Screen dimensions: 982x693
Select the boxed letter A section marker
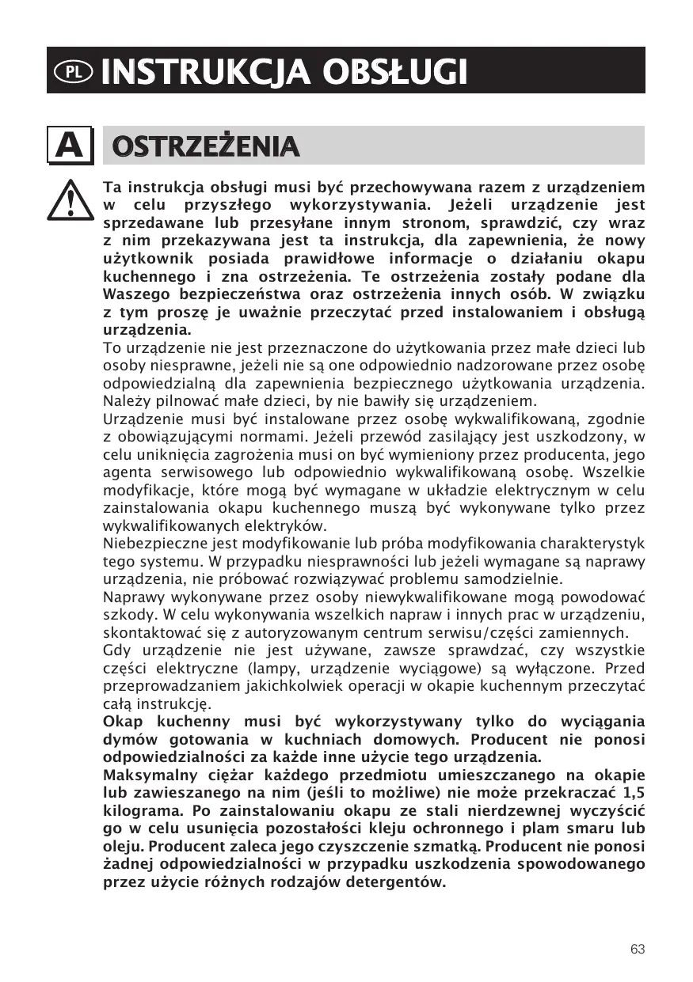pyautogui.click(x=70, y=146)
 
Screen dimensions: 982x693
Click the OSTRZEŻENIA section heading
pyautogui.click(x=205, y=146)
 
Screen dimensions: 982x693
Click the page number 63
pyautogui.click(x=638, y=950)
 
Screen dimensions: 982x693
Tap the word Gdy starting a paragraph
pyautogui.click(x=116, y=651)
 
